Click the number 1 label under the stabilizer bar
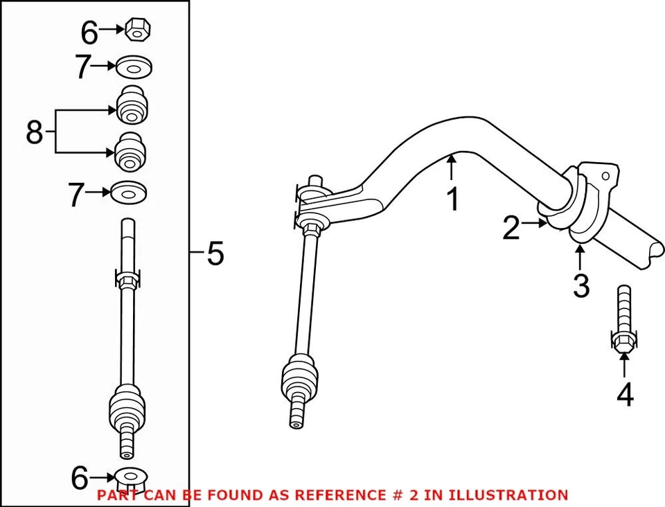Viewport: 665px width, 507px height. pos(452,199)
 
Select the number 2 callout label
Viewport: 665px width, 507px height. pos(511,229)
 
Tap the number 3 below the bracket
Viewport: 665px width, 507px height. pos(580,285)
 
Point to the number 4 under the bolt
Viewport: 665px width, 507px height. pos(624,395)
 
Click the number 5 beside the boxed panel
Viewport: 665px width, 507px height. pos(215,254)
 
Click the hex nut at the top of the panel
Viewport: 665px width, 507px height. pos(139,30)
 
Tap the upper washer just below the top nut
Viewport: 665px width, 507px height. pos(134,67)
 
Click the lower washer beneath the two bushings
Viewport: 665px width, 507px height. pos(128,192)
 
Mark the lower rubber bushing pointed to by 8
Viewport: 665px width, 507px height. pos(129,151)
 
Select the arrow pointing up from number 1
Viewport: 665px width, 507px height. pos(452,170)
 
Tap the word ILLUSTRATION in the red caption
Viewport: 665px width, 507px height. pos(508,495)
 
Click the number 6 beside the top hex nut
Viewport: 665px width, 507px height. pos(90,32)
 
